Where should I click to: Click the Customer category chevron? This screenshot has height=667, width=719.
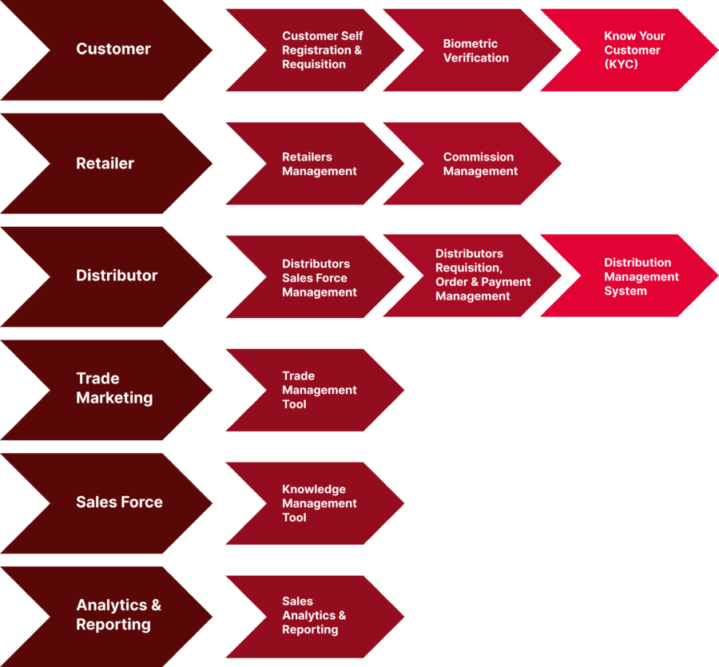coord(113,50)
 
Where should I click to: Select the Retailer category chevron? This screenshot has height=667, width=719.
coord(105,164)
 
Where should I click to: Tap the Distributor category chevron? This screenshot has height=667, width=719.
coord(117,276)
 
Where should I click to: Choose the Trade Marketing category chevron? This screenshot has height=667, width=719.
coord(114,389)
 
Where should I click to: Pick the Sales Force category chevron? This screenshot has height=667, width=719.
coord(119,502)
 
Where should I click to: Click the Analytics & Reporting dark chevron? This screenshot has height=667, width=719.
coord(118,615)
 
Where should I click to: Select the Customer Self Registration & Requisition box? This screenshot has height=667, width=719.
coord(321,50)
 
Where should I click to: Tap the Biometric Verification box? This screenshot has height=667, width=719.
coord(476,51)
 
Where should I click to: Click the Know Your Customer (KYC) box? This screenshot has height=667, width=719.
coord(634,50)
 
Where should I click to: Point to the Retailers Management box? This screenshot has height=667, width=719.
coord(319,165)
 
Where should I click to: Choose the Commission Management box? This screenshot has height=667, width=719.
coord(480,165)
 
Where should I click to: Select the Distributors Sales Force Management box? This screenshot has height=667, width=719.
coord(318,278)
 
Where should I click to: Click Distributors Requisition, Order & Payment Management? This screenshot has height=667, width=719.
coord(482,276)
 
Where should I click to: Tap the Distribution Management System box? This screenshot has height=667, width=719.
coord(640,277)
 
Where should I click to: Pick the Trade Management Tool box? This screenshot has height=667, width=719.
coord(318,391)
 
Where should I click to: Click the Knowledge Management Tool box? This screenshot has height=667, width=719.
coord(318,504)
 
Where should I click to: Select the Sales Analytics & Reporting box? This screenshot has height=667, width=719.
coord(313,616)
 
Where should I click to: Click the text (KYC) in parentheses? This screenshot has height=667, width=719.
coord(621,65)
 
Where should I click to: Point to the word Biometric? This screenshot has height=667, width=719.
coord(470,44)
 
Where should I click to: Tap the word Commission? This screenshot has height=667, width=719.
coord(479,157)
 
